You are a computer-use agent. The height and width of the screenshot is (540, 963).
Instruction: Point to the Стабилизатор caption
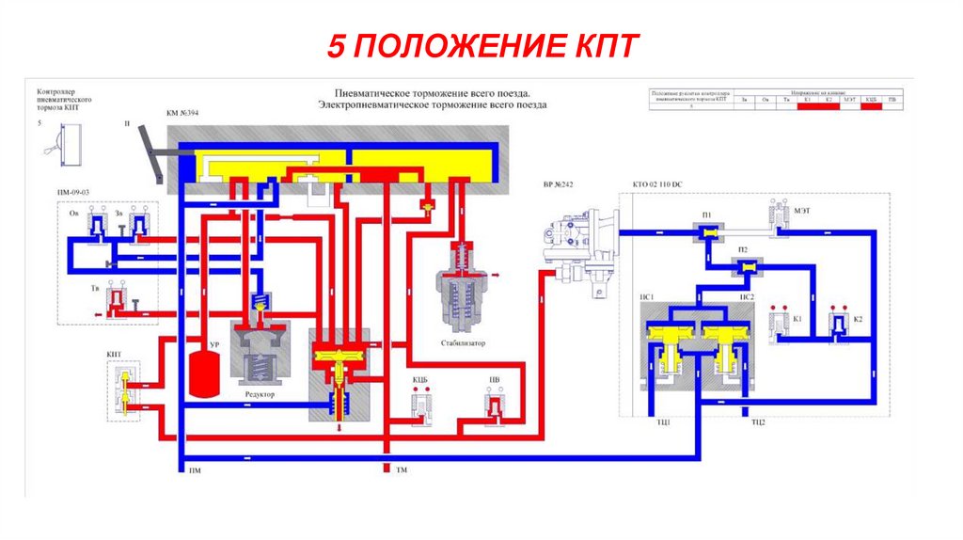coord(463,343)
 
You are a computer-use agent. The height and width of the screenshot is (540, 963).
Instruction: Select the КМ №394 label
coord(182,113)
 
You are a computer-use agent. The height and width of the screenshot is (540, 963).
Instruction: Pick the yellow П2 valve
coord(744,269)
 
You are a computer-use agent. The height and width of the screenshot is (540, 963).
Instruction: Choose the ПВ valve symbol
coord(495,405)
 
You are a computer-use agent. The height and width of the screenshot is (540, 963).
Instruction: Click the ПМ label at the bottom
coord(195,469)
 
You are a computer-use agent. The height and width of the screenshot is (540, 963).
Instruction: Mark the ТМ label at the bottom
coord(402,469)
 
